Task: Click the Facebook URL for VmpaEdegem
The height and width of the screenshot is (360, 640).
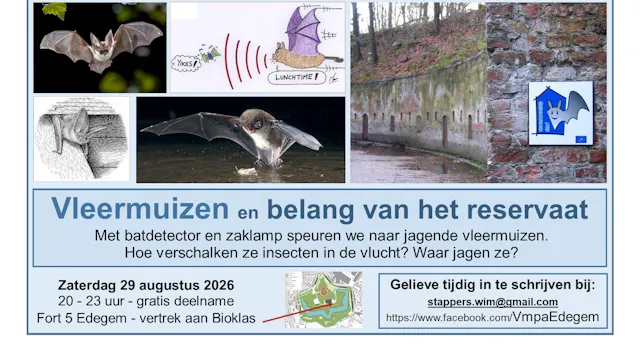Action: pyautogui.click(x=493, y=317)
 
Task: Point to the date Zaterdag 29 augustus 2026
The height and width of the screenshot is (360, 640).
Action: pyautogui.click(x=144, y=282)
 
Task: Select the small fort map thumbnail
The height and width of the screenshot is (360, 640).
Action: pyautogui.click(x=323, y=299)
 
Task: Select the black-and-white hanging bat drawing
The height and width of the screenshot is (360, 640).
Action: pyautogui.click(x=81, y=137)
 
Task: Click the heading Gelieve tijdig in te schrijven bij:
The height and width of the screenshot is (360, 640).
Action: pyautogui.click(x=493, y=283)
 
